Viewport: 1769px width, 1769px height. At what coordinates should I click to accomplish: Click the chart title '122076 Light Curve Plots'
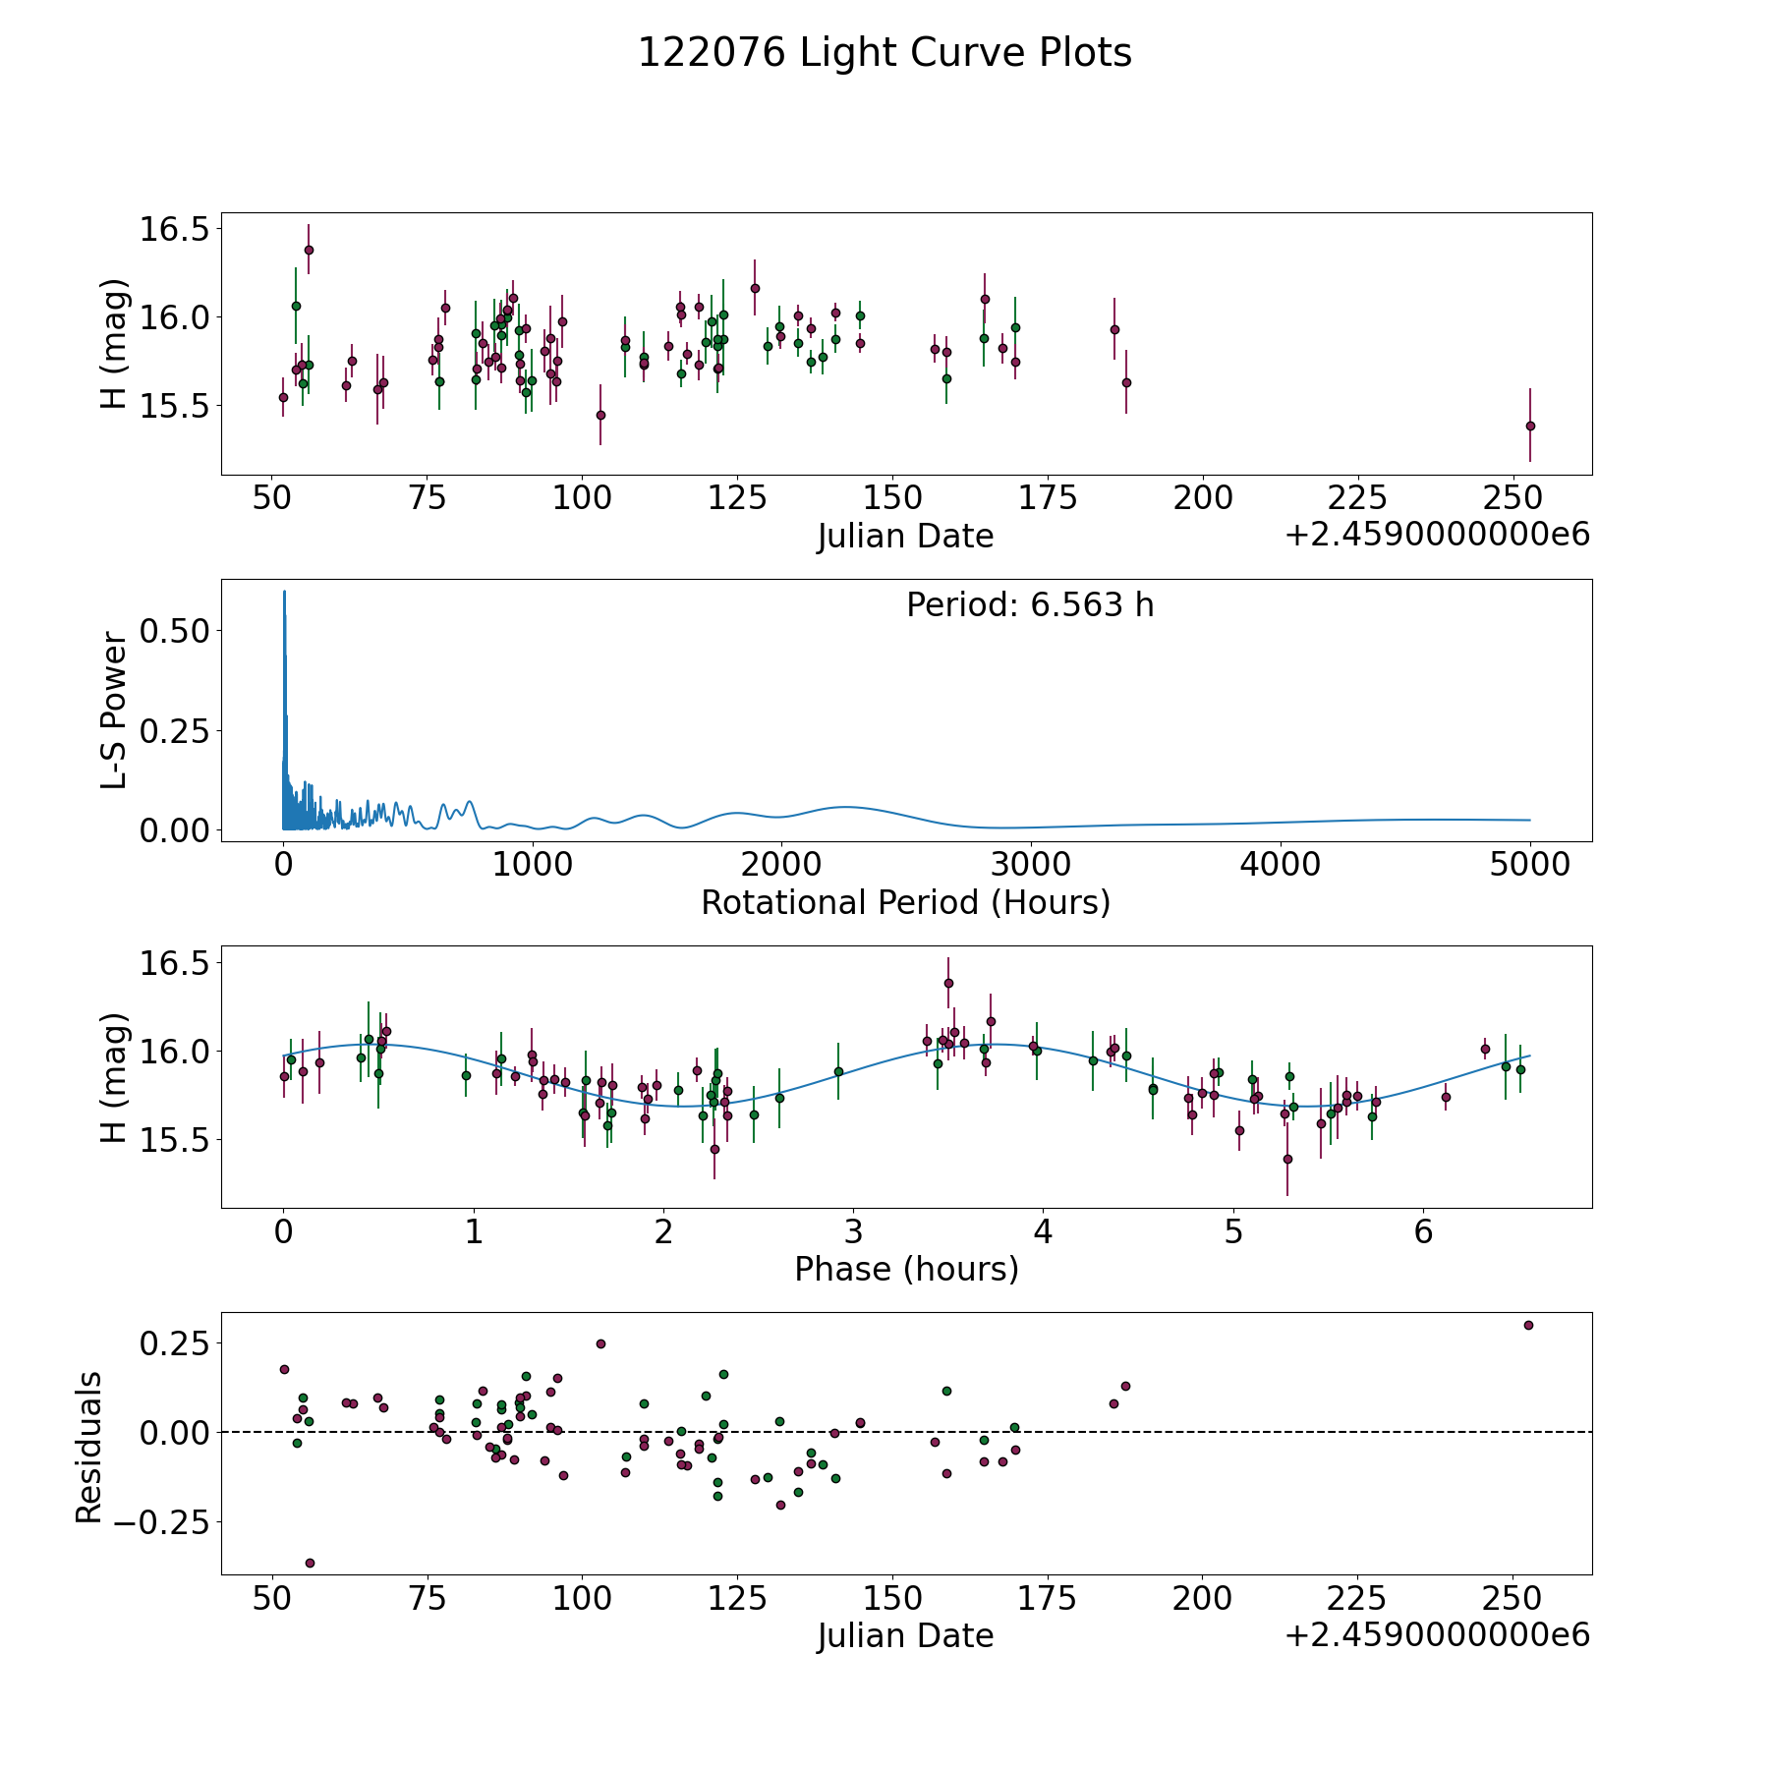[x=884, y=53]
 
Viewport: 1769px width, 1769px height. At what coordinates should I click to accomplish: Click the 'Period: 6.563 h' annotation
[x=1030, y=605]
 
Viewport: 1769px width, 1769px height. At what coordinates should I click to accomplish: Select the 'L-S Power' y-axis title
[x=114, y=711]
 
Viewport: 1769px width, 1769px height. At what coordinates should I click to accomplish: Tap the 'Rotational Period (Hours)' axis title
[x=905, y=902]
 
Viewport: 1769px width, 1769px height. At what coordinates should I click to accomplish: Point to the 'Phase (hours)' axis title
[x=905, y=1269]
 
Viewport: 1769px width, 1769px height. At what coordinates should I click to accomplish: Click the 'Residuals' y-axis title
[x=89, y=1447]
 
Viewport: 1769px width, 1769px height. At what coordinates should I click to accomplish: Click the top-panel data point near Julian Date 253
[x=1530, y=426]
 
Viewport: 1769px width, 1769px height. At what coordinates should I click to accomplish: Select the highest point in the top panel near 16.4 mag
[x=309, y=250]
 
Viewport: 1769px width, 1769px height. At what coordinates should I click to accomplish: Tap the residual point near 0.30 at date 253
[x=1528, y=1325]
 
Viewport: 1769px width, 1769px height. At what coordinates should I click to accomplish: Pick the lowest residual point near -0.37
[x=310, y=1563]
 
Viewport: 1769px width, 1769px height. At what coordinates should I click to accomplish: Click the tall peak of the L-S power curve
[x=284, y=593]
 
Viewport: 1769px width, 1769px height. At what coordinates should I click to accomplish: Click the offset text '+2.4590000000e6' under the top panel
[x=1437, y=535]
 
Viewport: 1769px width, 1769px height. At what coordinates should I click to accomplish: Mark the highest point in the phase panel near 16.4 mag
[x=948, y=983]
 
